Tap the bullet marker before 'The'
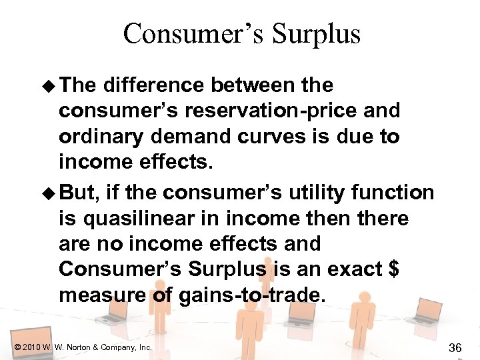pos(50,86)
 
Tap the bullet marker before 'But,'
pos(50,193)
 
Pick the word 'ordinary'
pos(101,136)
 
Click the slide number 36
pos(456,347)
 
